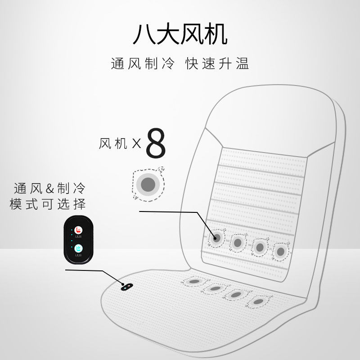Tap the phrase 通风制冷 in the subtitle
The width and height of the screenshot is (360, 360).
click(142, 64)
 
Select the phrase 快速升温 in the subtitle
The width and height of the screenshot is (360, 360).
click(217, 64)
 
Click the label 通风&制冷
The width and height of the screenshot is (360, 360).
click(49, 188)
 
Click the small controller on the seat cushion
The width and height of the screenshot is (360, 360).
click(127, 286)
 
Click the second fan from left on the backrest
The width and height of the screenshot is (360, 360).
click(238, 243)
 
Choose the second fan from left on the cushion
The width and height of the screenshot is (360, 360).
click(215, 288)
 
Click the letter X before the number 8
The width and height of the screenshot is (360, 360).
click(136, 144)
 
